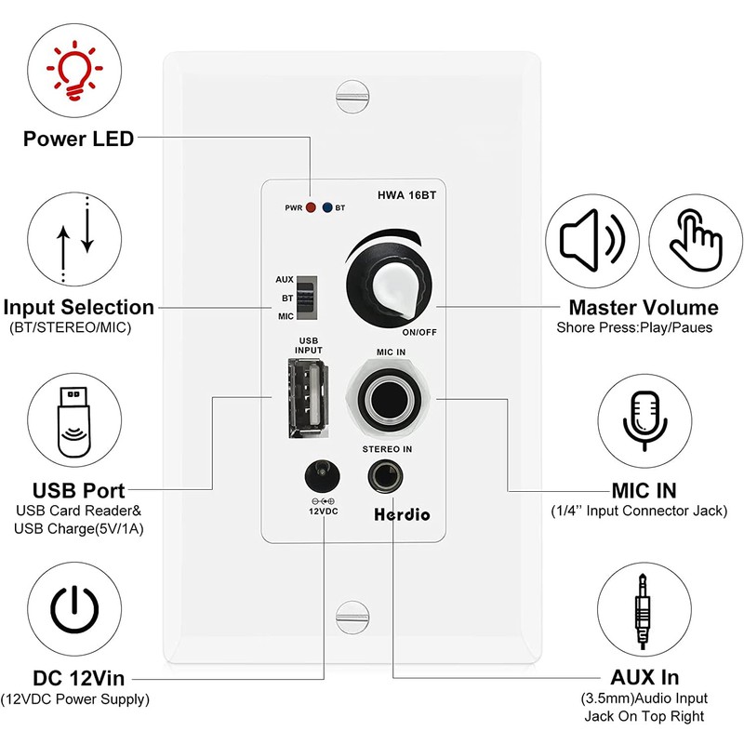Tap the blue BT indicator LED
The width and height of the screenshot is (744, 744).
click(327, 207)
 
